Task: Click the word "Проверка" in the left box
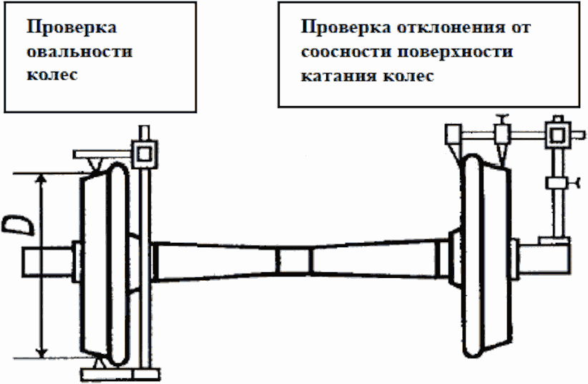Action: click(x=71, y=28)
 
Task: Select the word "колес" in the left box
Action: click(x=52, y=75)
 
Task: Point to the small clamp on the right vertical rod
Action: click(x=556, y=183)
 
